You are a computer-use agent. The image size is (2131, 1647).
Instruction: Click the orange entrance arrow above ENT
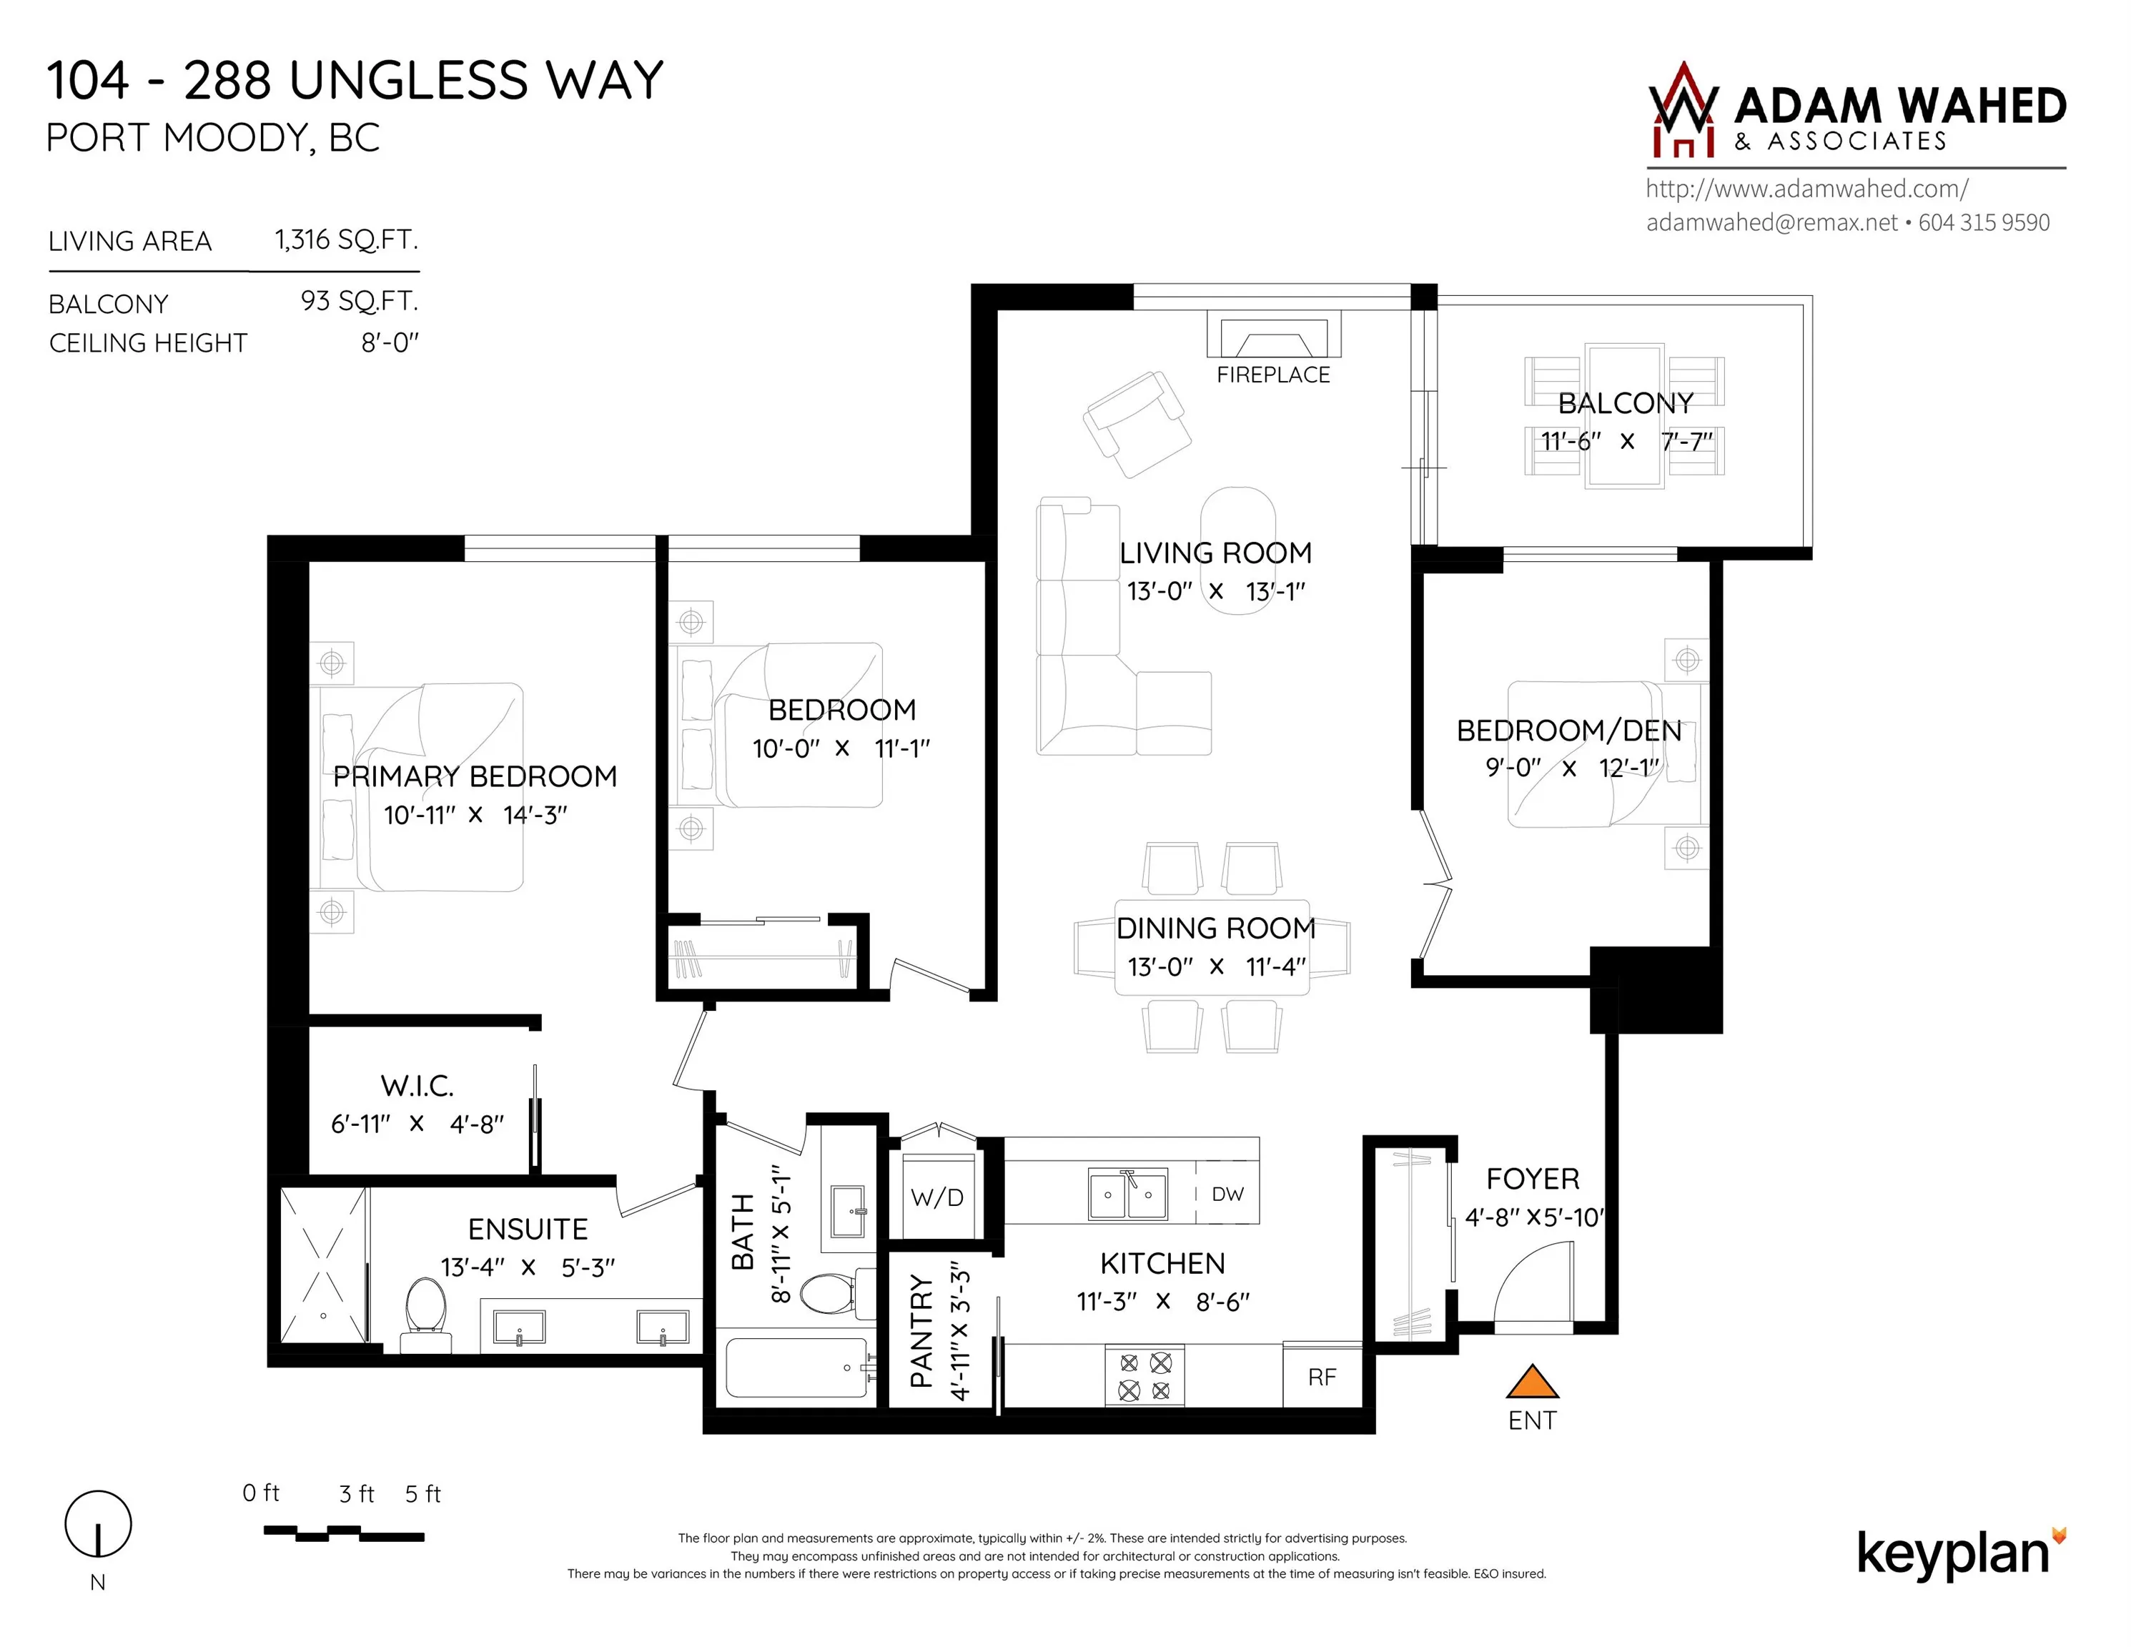pyautogui.click(x=1532, y=1383)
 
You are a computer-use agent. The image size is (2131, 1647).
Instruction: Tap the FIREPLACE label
pyautogui.click(x=1272, y=375)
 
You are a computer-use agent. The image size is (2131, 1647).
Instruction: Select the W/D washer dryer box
pyautogui.click(x=936, y=1197)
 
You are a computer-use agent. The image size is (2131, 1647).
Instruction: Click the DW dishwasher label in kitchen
pyautogui.click(x=1227, y=1195)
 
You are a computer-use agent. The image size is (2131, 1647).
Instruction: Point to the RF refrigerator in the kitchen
pyautogui.click(x=1321, y=1377)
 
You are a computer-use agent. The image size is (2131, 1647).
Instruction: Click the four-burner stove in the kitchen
pyautogui.click(x=1144, y=1377)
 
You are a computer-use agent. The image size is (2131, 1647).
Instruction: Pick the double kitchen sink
pyautogui.click(x=1128, y=1195)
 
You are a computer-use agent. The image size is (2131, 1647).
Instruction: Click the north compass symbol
pyautogui.click(x=97, y=1524)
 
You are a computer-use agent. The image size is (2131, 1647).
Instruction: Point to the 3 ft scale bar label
pyautogui.click(x=356, y=1494)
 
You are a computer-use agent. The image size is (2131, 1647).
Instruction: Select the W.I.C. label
pyautogui.click(x=417, y=1086)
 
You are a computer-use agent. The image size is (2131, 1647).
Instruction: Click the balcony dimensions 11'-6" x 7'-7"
pyautogui.click(x=1626, y=441)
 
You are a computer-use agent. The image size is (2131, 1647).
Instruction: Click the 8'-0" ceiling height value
pyautogui.click(x=390, y=342)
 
